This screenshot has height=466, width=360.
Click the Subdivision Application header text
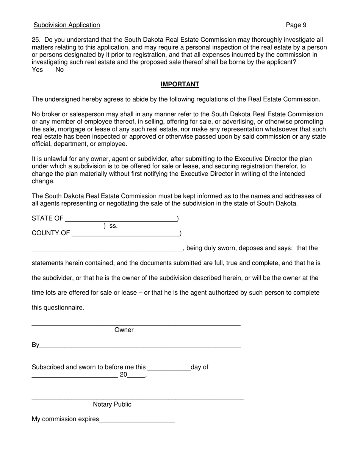67,25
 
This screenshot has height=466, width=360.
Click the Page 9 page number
296,25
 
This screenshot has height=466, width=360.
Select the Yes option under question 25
37,70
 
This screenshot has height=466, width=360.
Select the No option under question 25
59,70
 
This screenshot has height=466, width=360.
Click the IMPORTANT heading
180,84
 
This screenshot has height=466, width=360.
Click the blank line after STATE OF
121,219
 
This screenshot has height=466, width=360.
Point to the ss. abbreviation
113,226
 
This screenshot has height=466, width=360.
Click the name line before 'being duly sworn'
107,249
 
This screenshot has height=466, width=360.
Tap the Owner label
124,330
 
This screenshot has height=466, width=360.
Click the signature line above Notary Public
138,399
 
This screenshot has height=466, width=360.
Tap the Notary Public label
112,405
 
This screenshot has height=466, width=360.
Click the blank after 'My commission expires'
136,420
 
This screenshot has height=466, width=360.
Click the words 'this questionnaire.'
58,308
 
